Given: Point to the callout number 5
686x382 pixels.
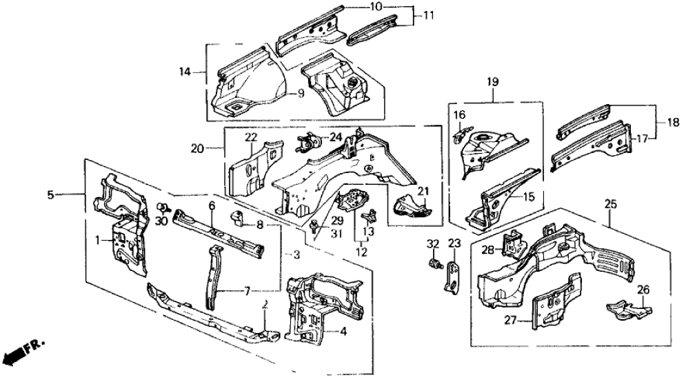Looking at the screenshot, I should tap(50, 195).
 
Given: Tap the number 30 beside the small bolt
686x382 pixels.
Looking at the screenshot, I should tap(163, 221).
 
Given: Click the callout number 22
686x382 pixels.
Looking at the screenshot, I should tap(250, 137).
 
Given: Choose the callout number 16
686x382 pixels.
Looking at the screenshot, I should tap(459, 114).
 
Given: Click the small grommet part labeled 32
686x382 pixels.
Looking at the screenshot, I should tap(434, 263).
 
